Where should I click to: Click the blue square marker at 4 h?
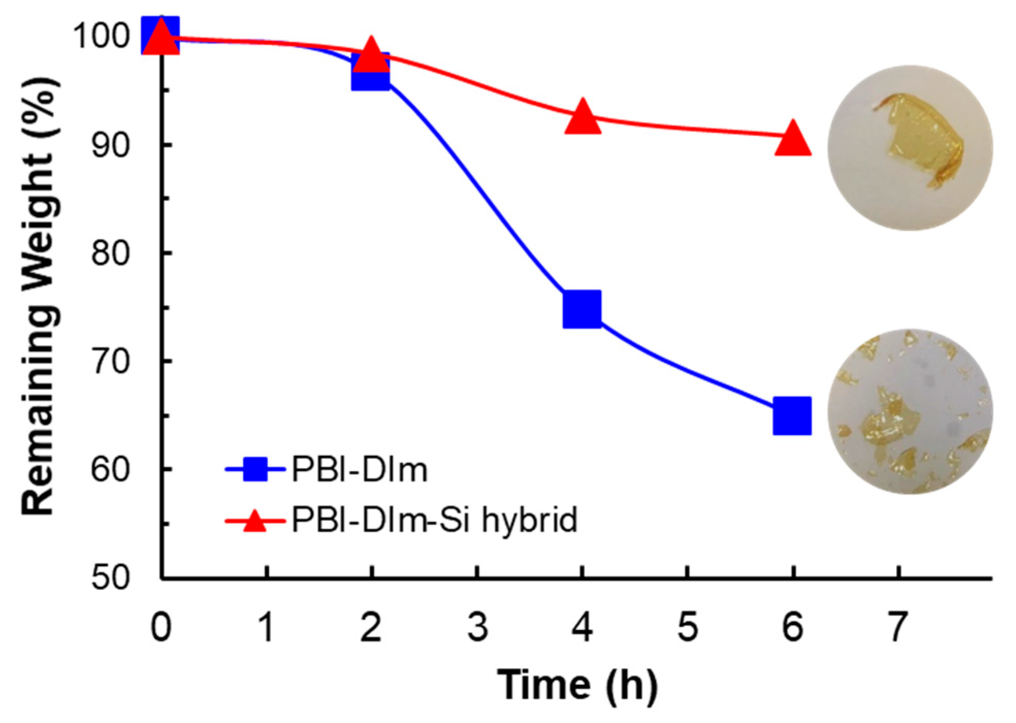coord(582,309)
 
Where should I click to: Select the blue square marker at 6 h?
coord(792,416)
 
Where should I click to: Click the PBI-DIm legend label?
coord(359,470)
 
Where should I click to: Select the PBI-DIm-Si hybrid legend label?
coord(434,520)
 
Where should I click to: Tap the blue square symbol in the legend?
coord(255,469)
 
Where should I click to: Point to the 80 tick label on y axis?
coord(110,253)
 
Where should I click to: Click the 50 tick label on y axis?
coord(110,578)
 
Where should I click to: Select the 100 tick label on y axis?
coord(102,36)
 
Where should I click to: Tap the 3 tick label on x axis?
coord(478,627)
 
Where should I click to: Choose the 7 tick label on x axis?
coord(898,627)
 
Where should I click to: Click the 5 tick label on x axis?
coord(687,627)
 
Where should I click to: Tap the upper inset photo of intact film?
coord(910,148)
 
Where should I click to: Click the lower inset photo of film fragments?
coord(910,412)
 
